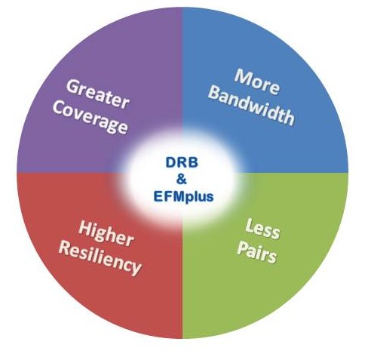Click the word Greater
tap(98, 94)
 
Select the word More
tap(256, 82)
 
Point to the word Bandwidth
tap(252, 107)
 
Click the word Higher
tap(106, 234)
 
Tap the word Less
tap(262, 229)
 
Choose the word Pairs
tap(256, 252)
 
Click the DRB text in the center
tap(182, 162)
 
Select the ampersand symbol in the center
tap(182, 179)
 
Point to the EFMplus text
tap(183, 196)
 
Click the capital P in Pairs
tap(243, 249)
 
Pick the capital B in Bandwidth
tap(216, 93)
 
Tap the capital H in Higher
tap(86, 228)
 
